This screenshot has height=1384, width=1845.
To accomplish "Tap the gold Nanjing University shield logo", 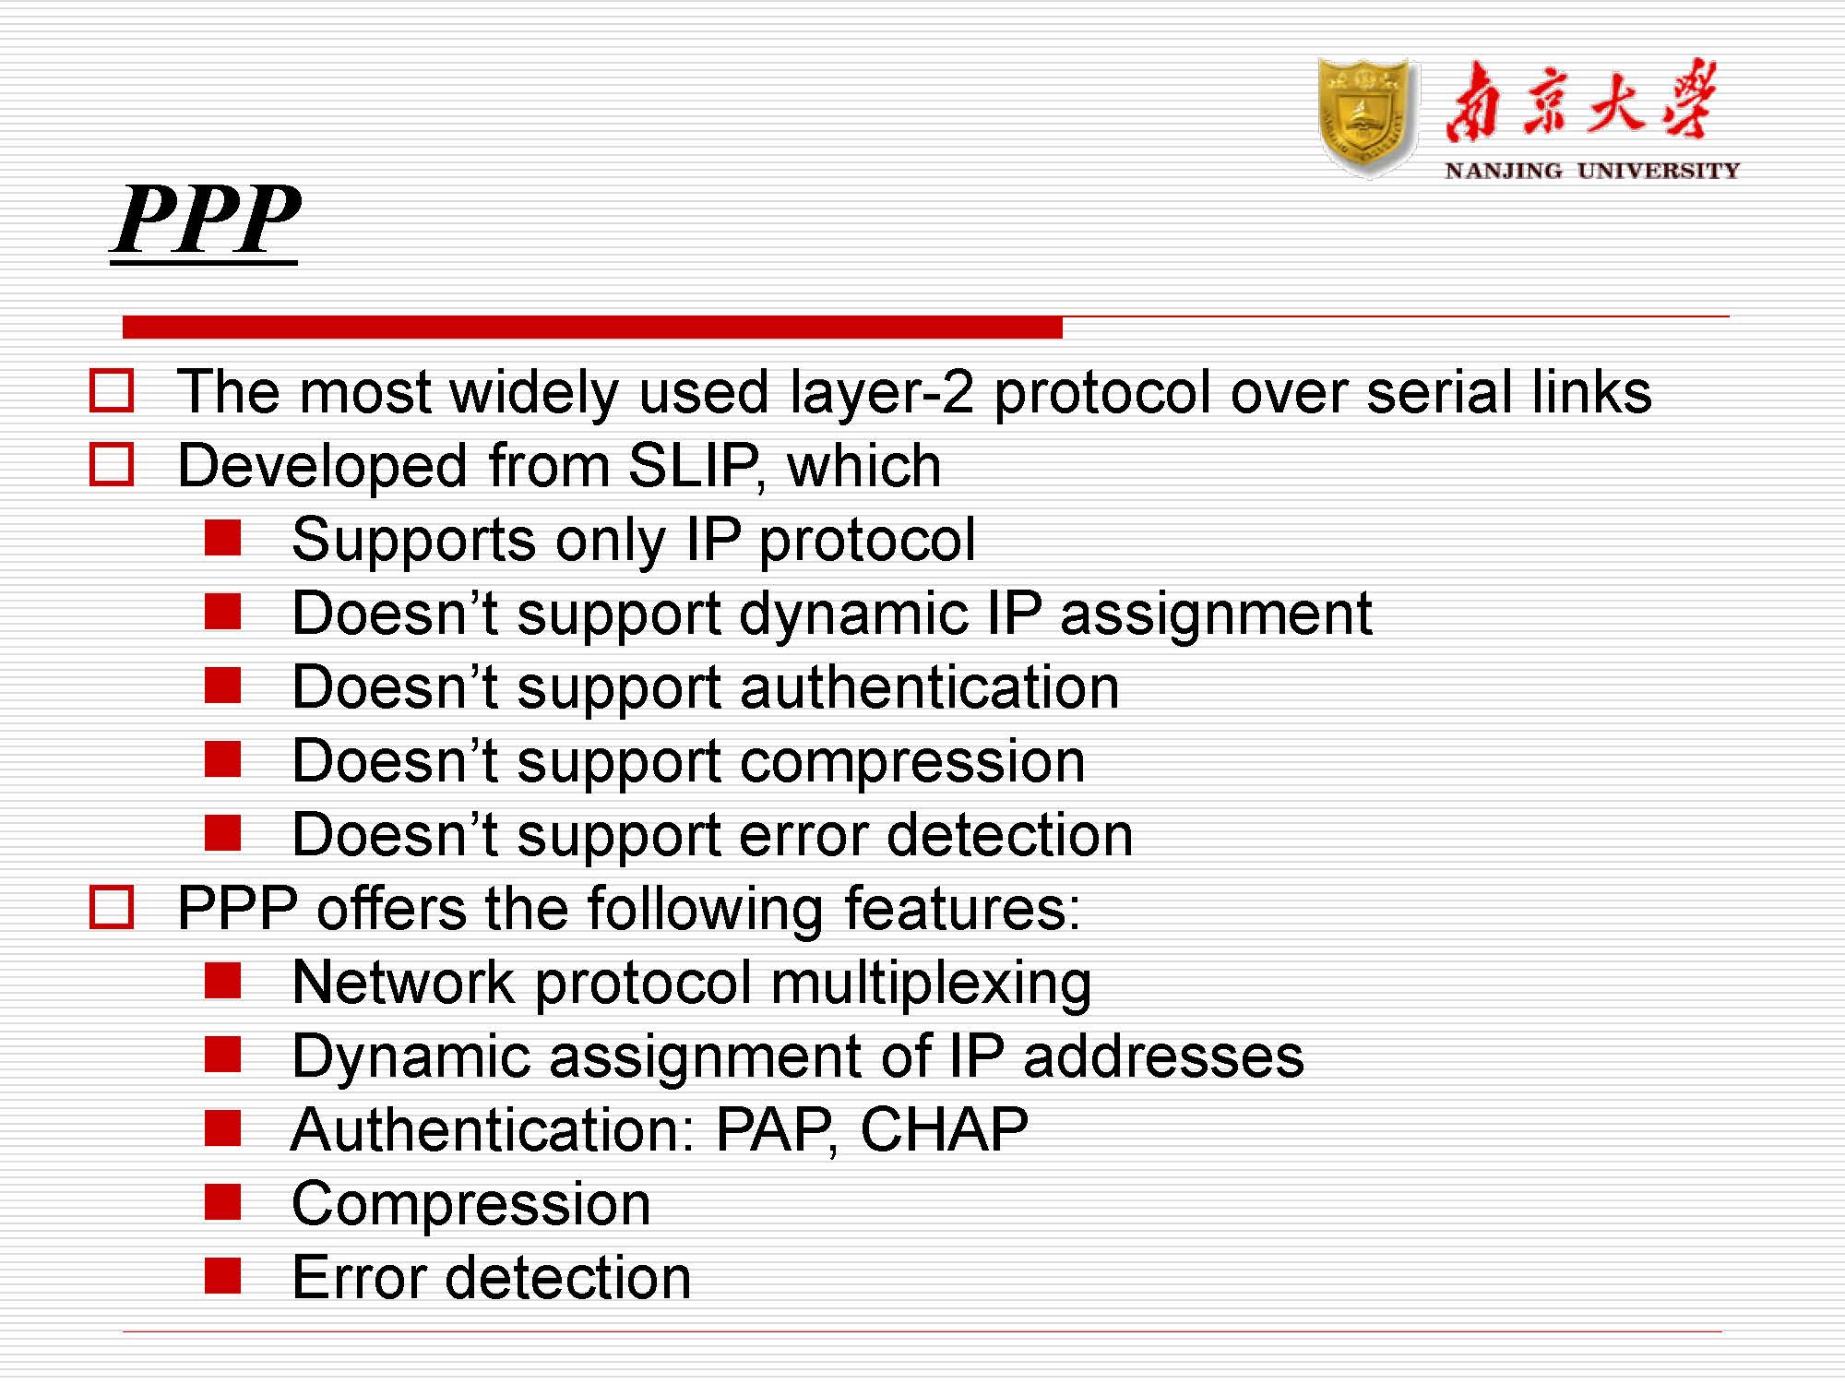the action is [x=1368, y=116].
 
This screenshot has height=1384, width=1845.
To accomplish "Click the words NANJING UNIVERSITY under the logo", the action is [x=1591, y=171].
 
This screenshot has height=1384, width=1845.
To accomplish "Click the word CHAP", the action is [x=944, y=1129].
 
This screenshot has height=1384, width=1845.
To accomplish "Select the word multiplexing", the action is [x=932, y=983].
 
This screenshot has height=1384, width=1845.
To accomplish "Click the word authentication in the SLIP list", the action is [x=930, y=687].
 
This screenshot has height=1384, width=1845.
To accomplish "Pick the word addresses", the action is [x=1163, y=1056].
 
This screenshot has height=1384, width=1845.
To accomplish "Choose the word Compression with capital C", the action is [x=471, y=1204].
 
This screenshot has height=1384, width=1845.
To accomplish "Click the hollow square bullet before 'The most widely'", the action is [x=112, y=391].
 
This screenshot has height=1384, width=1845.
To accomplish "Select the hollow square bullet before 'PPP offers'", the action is [x=112, y=908].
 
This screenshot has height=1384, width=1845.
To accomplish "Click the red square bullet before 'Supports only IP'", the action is [x=222, y=538].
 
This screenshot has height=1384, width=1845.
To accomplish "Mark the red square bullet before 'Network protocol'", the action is [x=222, y=981].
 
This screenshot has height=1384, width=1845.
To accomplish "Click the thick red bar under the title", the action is [x=592, y=327].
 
